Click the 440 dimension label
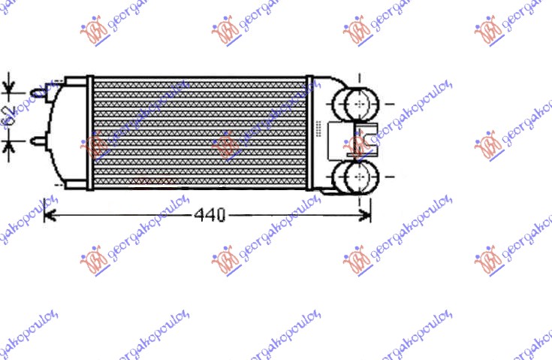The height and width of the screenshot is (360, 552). pos(210,216)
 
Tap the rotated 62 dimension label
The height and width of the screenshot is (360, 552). pos(9,116)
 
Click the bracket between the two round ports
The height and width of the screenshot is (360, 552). pos(363,140)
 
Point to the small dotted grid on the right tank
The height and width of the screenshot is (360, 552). pos(320,129)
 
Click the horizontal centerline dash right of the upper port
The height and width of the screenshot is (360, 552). pos(390,103)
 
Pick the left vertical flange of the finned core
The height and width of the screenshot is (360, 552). pos(89,133)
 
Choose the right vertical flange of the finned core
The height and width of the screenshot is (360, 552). pos(308,133)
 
